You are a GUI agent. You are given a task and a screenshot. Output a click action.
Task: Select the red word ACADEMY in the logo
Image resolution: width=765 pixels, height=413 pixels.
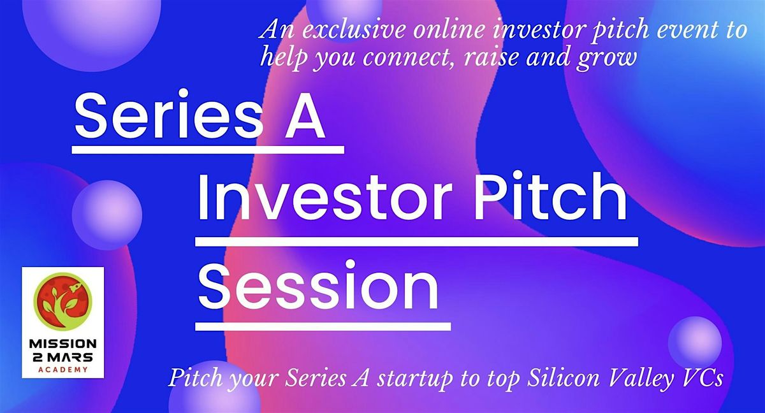pyautogui.click(x=62, y=369)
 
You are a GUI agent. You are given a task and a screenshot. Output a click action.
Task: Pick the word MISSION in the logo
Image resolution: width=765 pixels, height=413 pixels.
pyautogui.click(x=62, y=345)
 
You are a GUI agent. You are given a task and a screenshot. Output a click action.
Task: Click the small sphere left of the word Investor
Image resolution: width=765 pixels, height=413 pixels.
pyautogui.click(x=106, y=215)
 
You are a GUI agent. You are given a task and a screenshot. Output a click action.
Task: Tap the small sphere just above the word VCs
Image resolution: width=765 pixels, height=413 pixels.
pyautogui.click(x=694, y=343)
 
